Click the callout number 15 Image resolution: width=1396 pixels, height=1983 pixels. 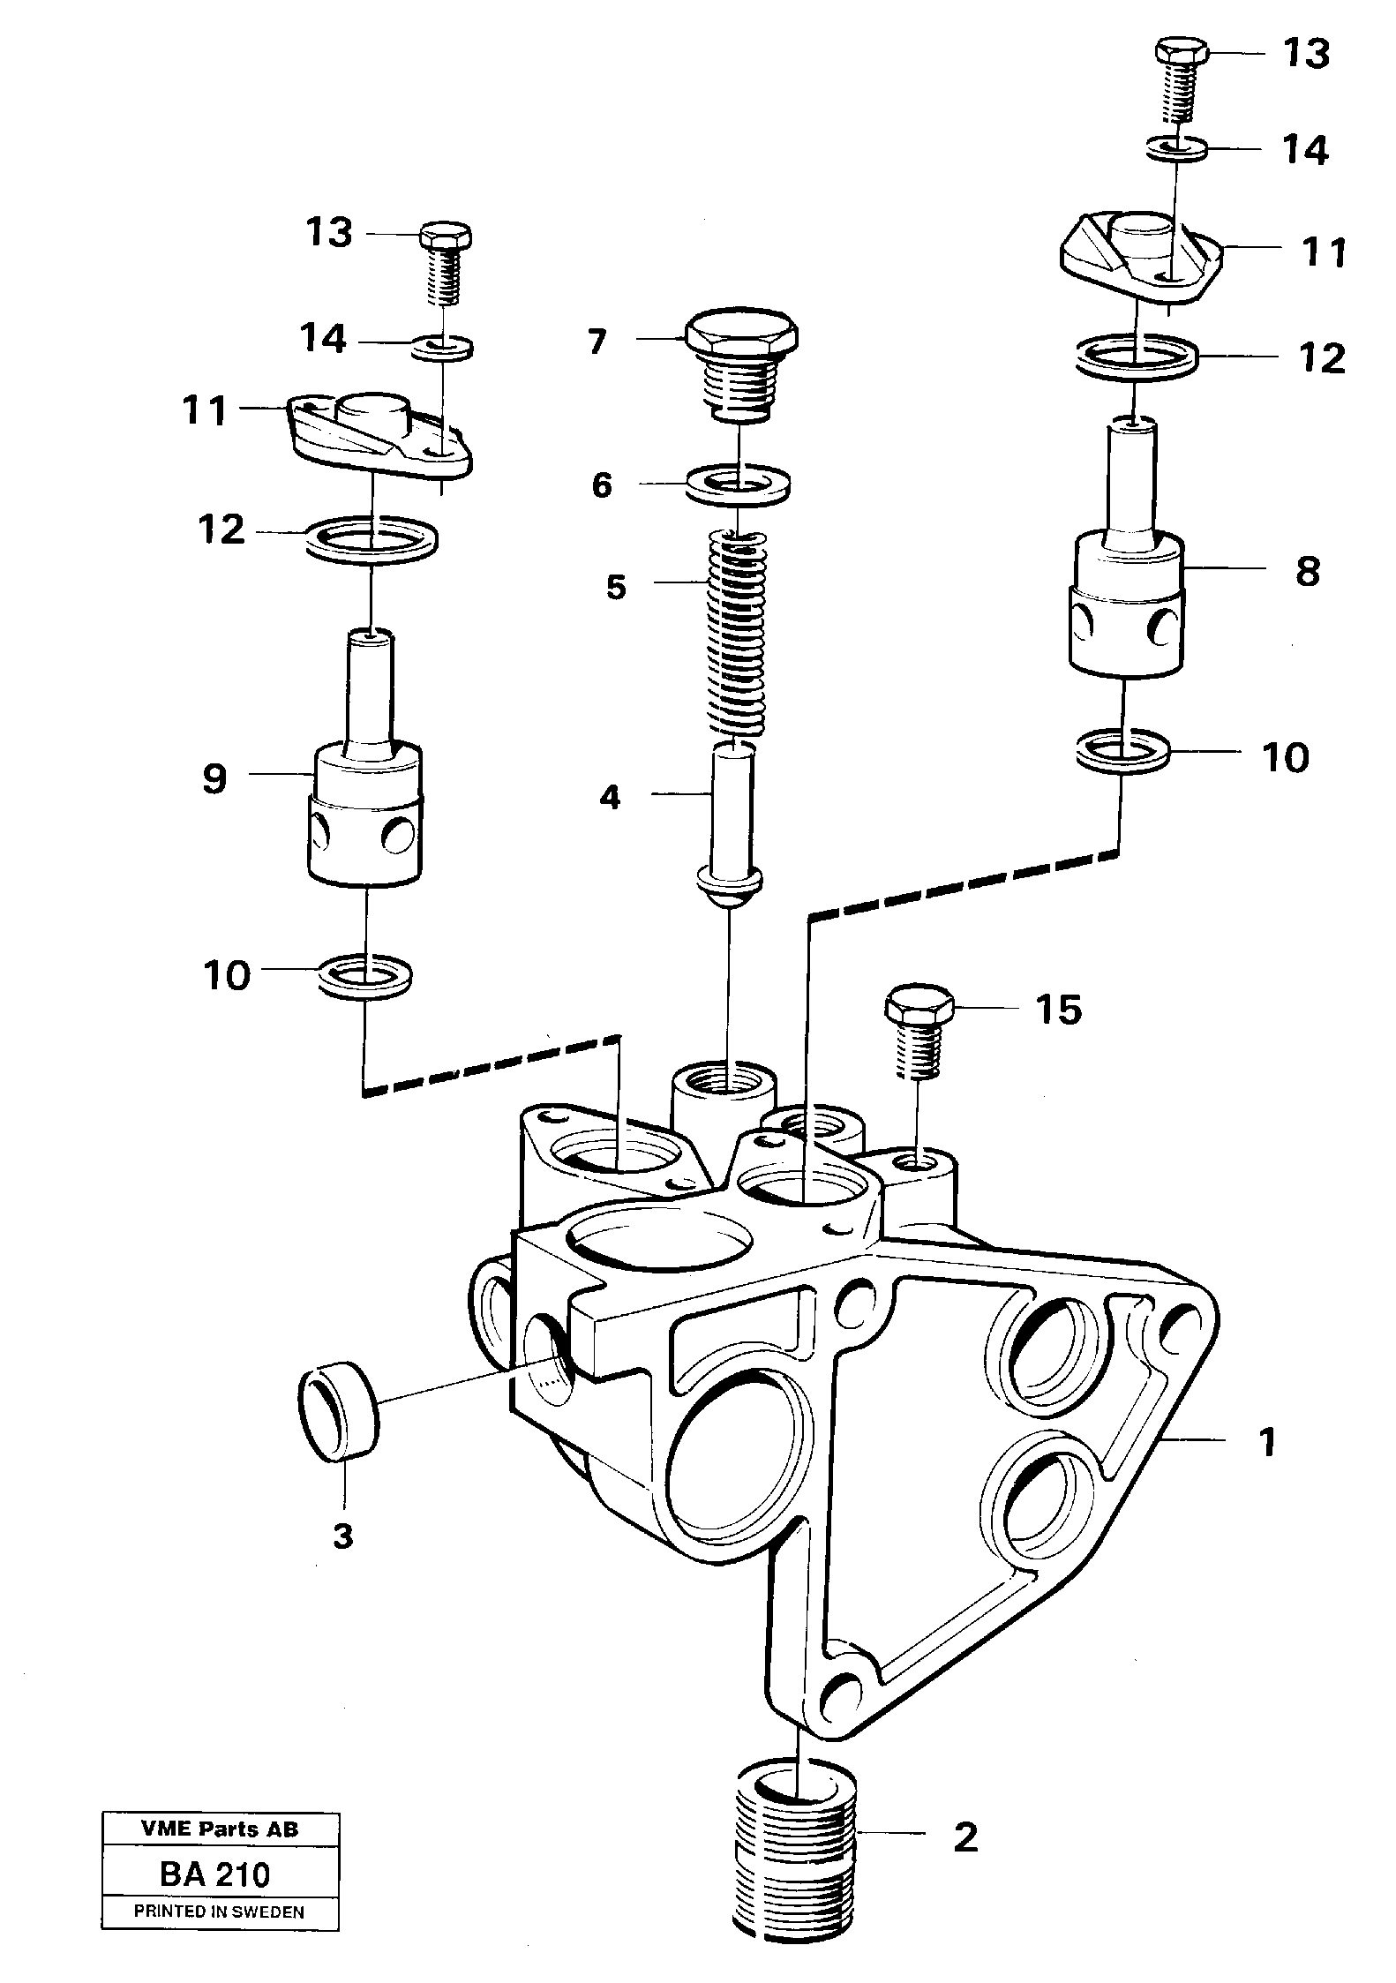[1059, 1010]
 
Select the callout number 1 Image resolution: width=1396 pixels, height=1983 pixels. [1267, 1442]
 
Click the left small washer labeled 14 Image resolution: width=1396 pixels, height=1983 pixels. [442, 345]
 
